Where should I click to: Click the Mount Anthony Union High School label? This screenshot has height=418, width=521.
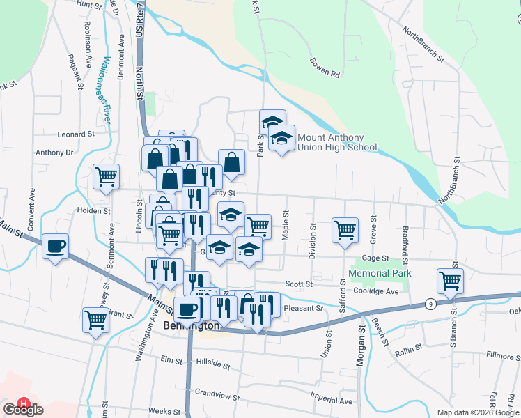(337, 142)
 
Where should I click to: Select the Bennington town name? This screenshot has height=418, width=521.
(191, 325)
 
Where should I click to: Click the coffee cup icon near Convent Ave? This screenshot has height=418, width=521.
(56, 246)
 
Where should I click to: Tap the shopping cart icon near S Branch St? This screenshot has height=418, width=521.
(451, 281)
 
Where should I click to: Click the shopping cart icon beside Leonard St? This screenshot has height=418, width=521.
(106, 176)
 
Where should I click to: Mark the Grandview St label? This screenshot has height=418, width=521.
(217, 392)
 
